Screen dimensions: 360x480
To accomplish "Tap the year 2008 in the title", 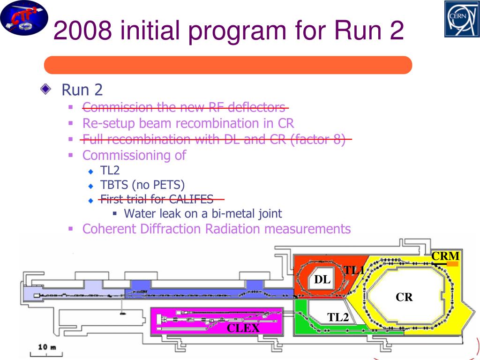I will (x=82, y=31).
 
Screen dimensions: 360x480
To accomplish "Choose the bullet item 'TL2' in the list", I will (x=110, y=170).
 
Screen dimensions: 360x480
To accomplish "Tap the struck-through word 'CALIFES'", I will (x=191, y=199).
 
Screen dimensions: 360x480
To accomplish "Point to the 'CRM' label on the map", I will (x=445, y=256).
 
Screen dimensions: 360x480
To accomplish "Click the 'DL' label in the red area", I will (x=322, y=280).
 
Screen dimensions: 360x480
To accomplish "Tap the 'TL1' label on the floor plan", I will (x=354, y=270).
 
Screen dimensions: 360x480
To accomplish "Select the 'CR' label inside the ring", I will (x=404, y=297).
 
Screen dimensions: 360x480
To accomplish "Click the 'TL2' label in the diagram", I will (x=338, y=317).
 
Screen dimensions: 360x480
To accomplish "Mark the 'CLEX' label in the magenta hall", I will (x=243, y=328).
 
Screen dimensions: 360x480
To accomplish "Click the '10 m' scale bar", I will (x=47, y=348).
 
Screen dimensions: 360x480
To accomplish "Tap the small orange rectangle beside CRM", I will (x=452, y=264).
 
